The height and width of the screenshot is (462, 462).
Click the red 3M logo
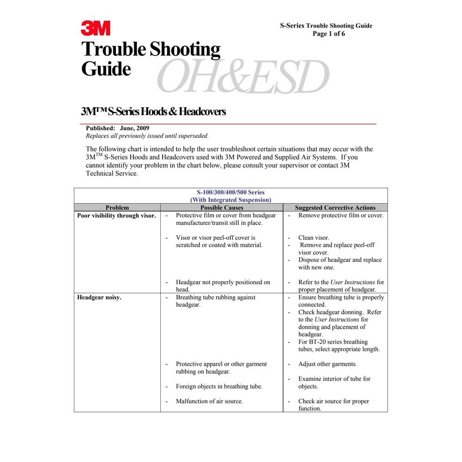pyautogui.click(x=96, y=28)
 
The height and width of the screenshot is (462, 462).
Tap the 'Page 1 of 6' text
pyautogui.click(x=328, y=34)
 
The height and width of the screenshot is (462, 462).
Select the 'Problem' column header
pyautogui.click(x=117, y=208)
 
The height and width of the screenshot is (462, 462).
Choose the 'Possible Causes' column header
pyautogui.click(x=222, y=208)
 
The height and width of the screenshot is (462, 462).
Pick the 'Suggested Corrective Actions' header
pyautogui.click(x=335, y=208)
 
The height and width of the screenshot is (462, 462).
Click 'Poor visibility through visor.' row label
pyautogui.click(x=116, y=216)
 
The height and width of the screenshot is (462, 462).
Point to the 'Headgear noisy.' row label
pyautogui.click(x=99, y=298)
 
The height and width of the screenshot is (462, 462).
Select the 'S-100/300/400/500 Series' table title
pyautogui.click(x=231, y=193)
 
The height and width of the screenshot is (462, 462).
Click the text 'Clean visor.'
pyautogui.click(x=314, y=238)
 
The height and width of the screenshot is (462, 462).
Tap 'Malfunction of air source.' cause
pyautogui.click(x=209, y=401)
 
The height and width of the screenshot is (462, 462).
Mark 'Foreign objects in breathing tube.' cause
pyautogui.click(x=219, y=387)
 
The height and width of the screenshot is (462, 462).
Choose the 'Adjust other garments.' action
pyautogui.click(x=328, y=364)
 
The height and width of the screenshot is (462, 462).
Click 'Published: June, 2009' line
pyautogui.click(x=118, y=128)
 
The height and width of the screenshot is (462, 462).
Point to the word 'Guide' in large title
pyautogui.click(x=106, y=69)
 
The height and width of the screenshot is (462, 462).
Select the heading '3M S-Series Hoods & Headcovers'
pyautogui.click(x=153, y=111)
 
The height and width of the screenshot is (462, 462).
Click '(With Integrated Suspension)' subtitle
pyautogui.click(x=231, y=200)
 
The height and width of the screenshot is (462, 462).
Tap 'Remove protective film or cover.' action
pyautogui.click(x=340, y=216)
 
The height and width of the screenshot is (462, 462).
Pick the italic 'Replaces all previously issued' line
pyautogui.click(x=147, y=136)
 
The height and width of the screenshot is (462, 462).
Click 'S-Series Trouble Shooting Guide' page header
pyautogui.click(x=326, y=26)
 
